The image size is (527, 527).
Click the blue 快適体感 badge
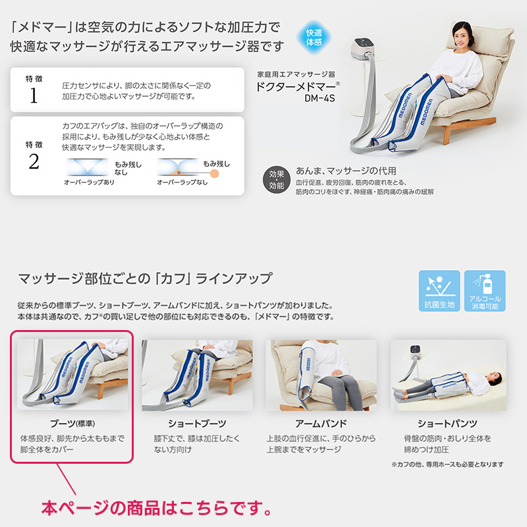pos(314,38)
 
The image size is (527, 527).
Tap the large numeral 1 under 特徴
pos(34,96)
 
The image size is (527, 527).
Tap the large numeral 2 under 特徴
pos(34,161)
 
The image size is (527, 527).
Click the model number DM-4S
pos(319,98)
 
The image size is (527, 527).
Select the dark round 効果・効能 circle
pos(276,180)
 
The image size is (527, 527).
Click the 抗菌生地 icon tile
pos(439,291)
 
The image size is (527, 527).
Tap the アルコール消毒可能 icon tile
pos(485,291)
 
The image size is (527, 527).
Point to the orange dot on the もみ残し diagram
pos(214,173)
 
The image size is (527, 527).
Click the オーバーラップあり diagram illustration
pos(88,167)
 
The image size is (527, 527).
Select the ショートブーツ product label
pos(197,424)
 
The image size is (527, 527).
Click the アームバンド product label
pos(321,424)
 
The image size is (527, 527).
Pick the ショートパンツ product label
pos(447,424)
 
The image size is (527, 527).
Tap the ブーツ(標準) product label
pos(72,424)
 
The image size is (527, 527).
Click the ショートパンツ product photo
pos(448,375)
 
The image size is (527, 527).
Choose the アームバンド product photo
pos(321,375)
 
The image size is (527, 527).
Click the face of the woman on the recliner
pos(462,36)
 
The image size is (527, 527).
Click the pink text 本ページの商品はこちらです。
pos(156,507)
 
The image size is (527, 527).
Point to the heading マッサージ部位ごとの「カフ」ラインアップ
pos(145,279)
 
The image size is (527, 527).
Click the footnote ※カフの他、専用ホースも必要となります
pos(447,464)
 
